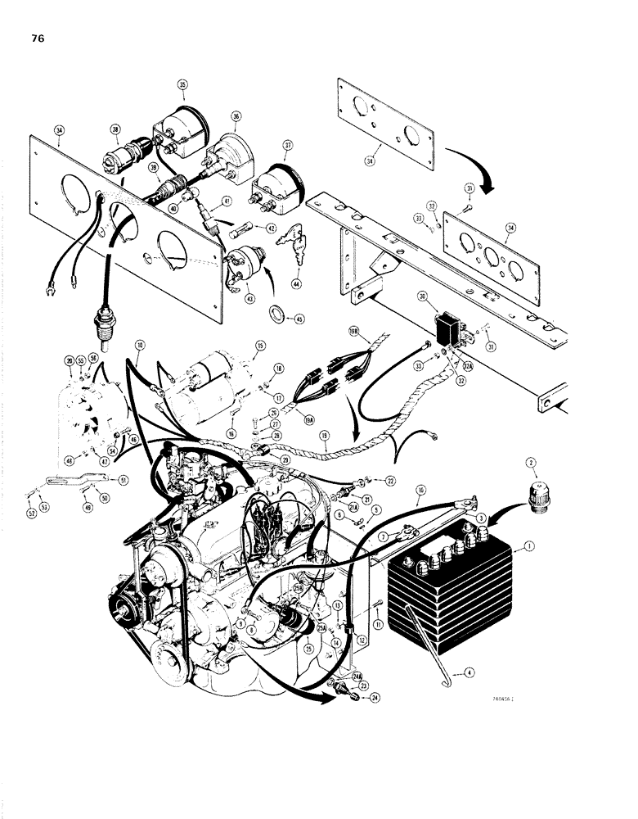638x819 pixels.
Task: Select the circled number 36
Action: tap(236, 116)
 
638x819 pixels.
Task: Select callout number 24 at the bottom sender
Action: tap(353, 699)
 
